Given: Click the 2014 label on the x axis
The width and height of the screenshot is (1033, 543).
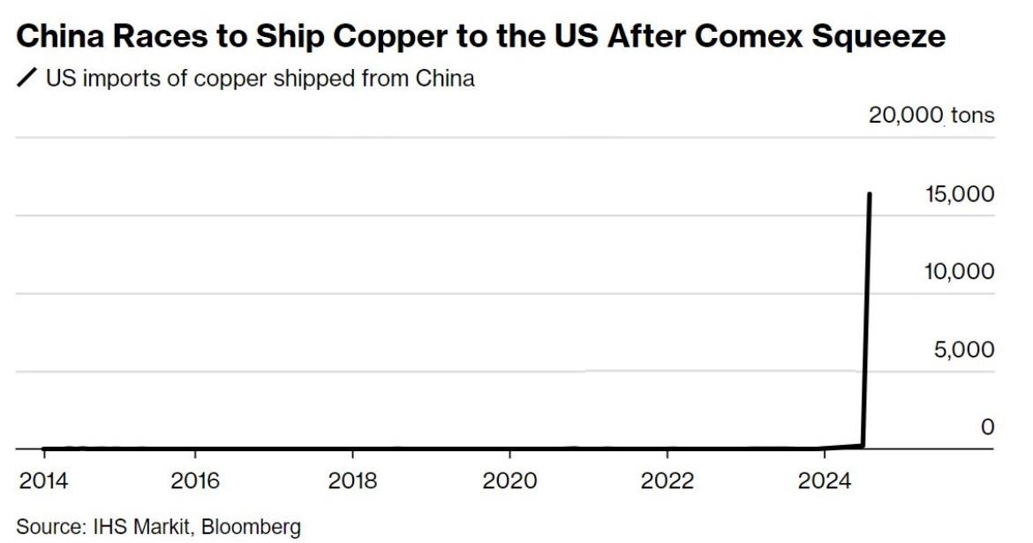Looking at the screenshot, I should tap(44, 481).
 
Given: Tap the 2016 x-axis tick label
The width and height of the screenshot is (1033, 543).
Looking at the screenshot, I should tap(195, 481).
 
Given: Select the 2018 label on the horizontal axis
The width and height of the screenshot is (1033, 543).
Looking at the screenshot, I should tap(352, 481).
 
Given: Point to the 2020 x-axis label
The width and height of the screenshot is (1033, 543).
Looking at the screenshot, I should tap(509, 481).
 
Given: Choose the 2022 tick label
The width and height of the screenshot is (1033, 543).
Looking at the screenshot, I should tap(667, 481).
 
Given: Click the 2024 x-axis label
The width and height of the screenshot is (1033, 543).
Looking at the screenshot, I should tap(824, 481).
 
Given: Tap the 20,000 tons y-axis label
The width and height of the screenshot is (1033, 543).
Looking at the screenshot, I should tap(931, 115).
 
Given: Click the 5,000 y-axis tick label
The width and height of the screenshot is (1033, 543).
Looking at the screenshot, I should tap(964, 350).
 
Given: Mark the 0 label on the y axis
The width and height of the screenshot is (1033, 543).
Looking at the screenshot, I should tap(987, 427).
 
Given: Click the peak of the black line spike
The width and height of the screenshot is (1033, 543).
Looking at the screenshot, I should tap(871, 193).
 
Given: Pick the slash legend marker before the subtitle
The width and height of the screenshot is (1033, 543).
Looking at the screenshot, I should tap(27, 79).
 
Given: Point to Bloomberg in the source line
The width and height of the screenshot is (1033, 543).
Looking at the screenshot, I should tap(252, 527).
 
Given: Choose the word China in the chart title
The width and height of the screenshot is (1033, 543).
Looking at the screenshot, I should tap(53, 37).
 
